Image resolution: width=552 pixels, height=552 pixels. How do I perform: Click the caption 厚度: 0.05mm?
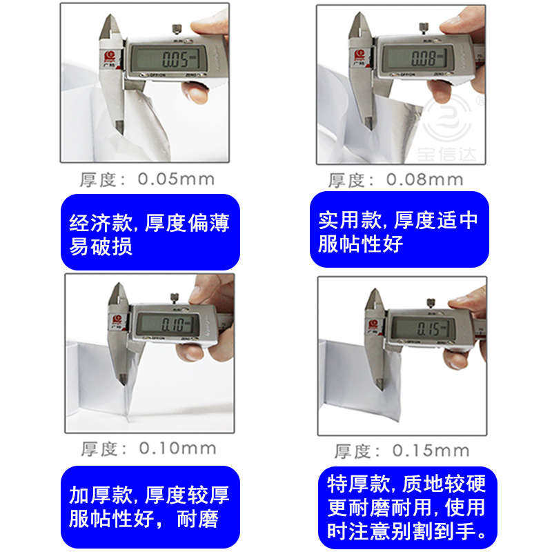point(146,180)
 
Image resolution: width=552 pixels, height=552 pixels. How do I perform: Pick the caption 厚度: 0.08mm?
point(395,180)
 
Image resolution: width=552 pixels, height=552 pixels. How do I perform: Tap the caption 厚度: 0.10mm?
point(148,448)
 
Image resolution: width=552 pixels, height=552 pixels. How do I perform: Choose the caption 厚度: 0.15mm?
point(402,451)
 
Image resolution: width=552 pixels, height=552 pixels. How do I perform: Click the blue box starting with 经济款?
point(150,233)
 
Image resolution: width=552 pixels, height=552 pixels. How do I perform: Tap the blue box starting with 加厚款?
point(150,506)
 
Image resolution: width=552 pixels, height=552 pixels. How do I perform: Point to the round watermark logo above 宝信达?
point(448,117)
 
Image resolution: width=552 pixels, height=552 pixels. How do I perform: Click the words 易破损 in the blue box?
point(101,246)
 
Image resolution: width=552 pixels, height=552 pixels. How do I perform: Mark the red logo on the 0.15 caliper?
point(374,323)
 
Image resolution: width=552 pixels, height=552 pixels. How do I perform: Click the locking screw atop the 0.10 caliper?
point(177,298)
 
